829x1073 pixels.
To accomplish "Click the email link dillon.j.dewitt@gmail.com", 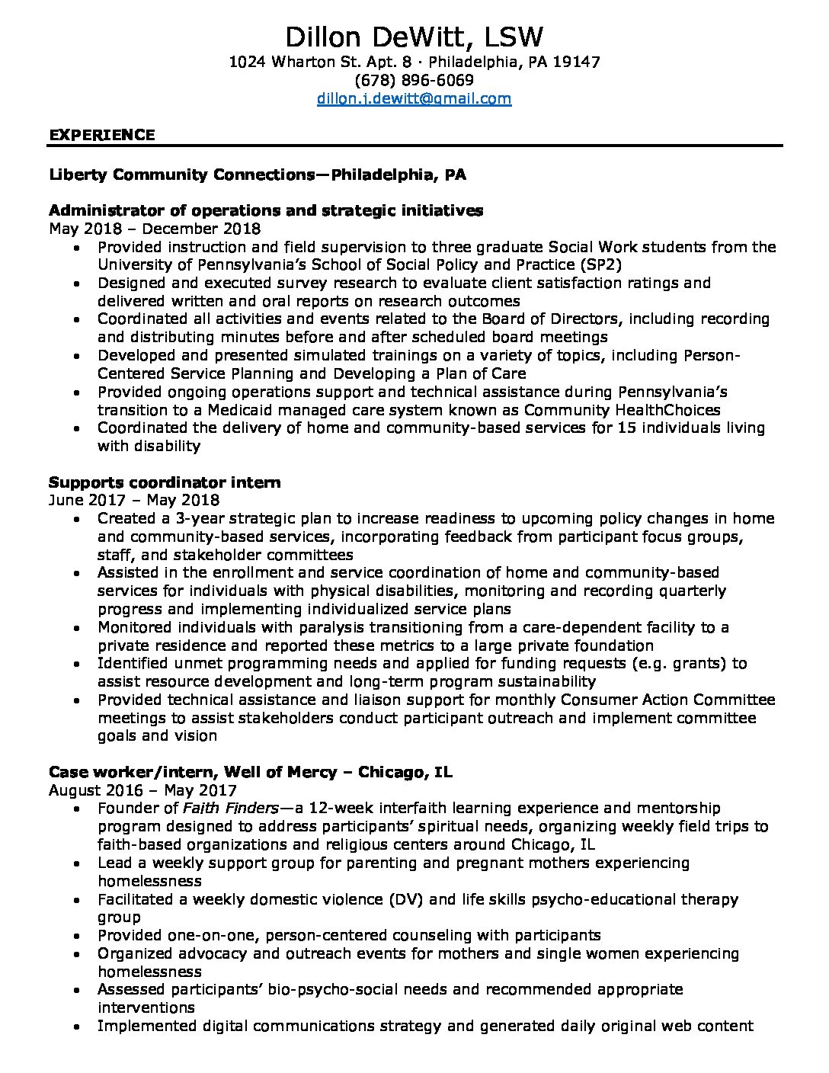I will [x=414, y=98].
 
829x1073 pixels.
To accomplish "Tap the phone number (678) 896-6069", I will [x=414, y=80].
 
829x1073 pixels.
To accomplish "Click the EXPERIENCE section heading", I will [x=102, y=135].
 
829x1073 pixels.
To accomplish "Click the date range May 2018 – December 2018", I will [x=155, y=229].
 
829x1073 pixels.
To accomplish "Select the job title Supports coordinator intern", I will [x=165, y=482].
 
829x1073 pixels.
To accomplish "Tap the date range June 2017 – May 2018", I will [x=134, y=500].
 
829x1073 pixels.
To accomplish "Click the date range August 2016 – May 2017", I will [x=142, y=790].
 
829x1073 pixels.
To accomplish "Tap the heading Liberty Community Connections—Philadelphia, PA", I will [x=258, y=175].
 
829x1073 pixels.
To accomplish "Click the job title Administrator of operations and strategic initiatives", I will [x=266, y=210].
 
